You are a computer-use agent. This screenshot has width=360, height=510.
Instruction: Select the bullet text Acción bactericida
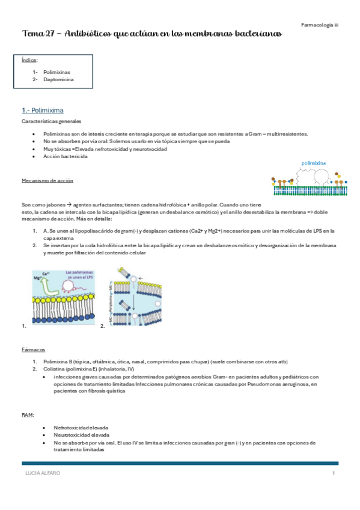(66, 156)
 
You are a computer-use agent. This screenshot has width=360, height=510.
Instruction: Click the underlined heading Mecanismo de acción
(47, 180)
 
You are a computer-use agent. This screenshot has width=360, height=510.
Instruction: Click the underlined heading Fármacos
(33, 349)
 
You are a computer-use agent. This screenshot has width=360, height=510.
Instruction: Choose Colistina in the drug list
(54, 369)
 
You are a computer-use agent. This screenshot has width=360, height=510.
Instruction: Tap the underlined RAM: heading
(28, 415)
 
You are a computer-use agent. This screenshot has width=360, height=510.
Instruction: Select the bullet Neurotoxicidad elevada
(81, 434)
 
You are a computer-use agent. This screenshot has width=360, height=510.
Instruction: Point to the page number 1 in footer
(333, 473)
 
